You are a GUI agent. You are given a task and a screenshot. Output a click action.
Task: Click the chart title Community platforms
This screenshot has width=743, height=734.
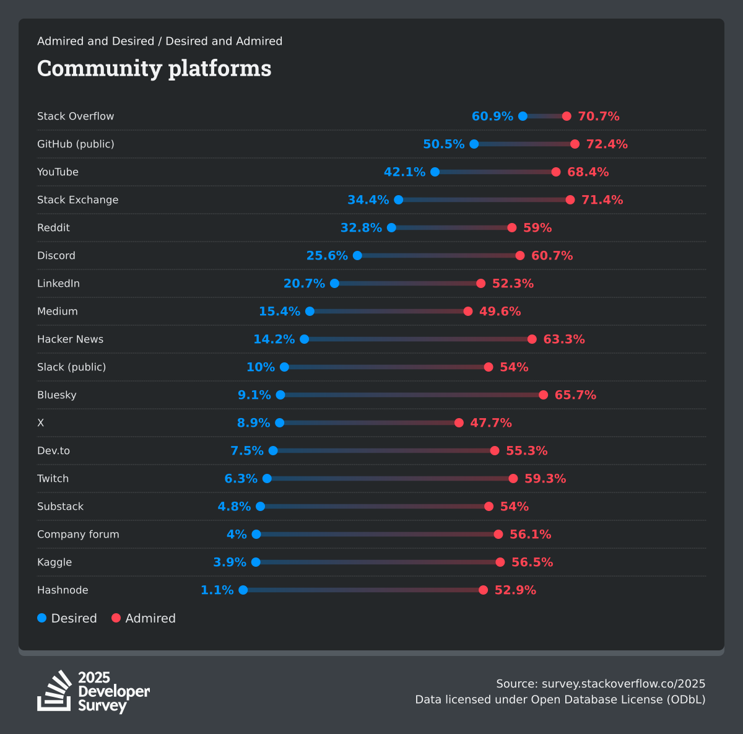coord(154,68)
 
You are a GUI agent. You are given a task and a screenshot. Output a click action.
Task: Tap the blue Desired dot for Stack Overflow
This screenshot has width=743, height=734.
coord(523,116)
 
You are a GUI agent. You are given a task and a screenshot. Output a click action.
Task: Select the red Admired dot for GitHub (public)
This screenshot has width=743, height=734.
coord(575,144)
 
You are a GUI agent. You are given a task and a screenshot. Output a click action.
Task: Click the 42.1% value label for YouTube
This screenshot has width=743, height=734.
coord(404,172)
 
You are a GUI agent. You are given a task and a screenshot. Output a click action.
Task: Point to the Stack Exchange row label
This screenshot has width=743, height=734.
coord(77,200)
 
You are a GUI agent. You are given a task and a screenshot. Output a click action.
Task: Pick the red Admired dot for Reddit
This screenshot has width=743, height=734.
coord(511,228)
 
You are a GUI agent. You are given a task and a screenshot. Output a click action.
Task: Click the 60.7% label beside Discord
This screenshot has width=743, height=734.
coord(552,256)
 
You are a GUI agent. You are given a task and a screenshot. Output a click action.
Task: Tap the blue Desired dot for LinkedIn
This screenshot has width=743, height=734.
coord(334,284)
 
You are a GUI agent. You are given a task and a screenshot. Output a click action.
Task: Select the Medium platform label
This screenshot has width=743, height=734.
coord(58,312)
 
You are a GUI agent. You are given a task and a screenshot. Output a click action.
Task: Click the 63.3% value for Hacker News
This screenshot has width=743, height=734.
coord(563,339)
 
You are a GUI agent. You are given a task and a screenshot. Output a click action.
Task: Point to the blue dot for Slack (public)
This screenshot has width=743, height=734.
coord(284,367)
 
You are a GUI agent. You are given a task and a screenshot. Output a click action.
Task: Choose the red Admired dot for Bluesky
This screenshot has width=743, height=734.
coord(543,395)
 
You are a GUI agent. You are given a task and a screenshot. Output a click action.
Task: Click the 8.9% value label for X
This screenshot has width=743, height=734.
coord(253,423)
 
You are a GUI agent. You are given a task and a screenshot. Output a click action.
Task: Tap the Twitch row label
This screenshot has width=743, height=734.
coord(53,479)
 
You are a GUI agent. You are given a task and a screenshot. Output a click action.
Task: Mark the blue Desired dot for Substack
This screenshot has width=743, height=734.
coord(260,507)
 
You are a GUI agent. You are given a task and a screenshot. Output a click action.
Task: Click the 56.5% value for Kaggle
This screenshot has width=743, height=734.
coord(532,562)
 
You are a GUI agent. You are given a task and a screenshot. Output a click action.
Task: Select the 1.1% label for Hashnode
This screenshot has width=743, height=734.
coord(217,590)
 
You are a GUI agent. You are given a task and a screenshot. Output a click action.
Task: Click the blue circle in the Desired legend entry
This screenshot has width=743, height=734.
coord(42,618)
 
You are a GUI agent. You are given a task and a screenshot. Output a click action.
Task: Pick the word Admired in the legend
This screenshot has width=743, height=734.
coord(150,618)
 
